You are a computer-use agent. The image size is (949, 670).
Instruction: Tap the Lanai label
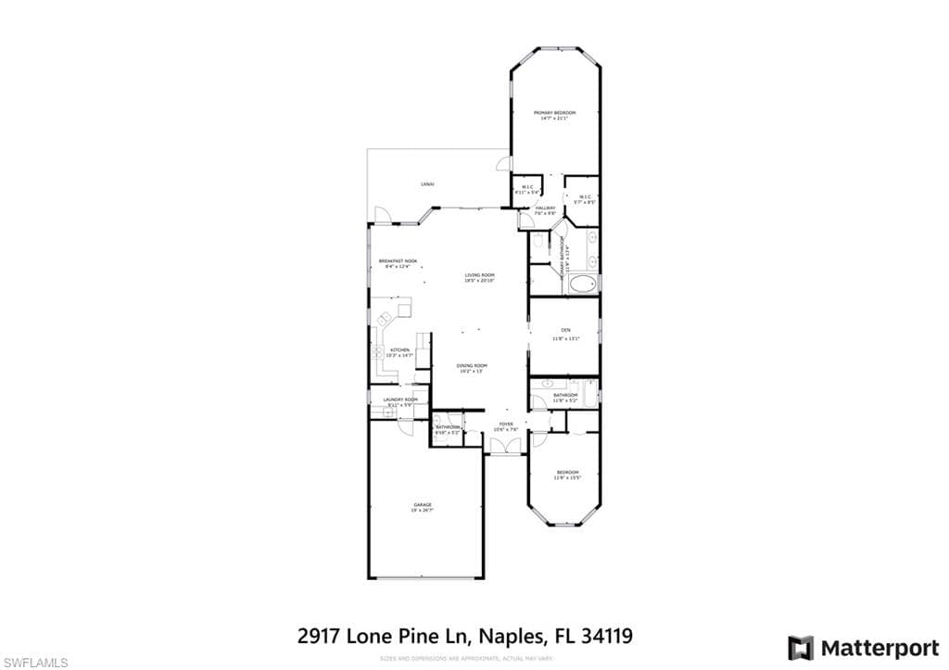click(427, 184)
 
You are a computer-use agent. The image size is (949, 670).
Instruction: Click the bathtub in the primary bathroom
click(583, 284)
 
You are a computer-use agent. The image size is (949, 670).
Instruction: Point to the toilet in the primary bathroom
click(538, 243)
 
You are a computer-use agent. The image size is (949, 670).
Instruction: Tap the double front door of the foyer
click(505, 448)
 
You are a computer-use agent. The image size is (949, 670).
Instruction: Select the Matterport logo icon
click(801, 647)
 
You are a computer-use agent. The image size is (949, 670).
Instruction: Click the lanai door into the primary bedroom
click(503, 164)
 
